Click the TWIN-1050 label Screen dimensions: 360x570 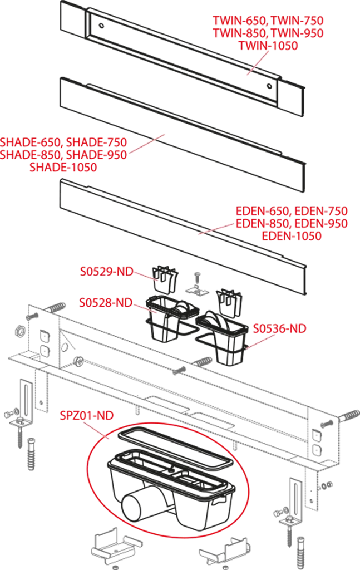(268, 46)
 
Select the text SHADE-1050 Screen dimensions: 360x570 (63, 167)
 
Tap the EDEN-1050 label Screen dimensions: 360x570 (292, 235)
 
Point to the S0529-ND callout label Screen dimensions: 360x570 (106, 272)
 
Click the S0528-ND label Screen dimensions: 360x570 (106, 302)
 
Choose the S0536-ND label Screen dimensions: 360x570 (280, 328)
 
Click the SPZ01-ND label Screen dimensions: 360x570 (87, 415)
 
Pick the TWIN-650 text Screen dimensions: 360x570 (239, 21)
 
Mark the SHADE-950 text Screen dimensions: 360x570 (97, 155)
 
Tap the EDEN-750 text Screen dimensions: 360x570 (321, 211)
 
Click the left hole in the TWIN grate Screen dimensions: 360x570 (102, 26)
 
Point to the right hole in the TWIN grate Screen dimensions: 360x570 (269, 86)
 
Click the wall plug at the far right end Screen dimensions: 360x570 (350, 415)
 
